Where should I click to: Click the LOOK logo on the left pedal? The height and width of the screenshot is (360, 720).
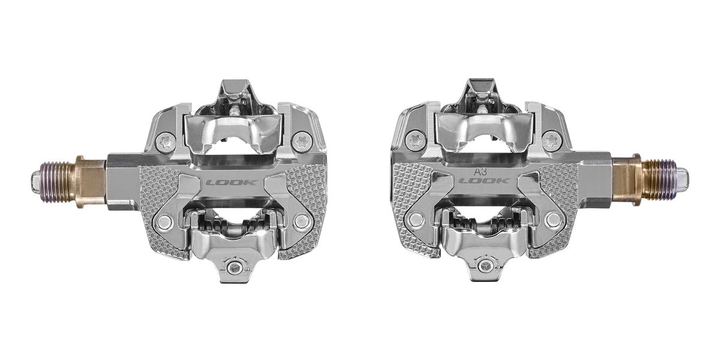click(x=232, y=183)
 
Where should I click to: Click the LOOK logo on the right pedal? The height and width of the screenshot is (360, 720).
click(x=484, y=181)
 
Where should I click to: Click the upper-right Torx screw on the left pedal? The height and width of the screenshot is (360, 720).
click(x=302, y=141)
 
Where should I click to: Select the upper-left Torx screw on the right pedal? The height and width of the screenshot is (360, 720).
click(x=416, y=140)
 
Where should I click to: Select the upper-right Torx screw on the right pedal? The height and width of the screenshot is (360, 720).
click(x=552, y=140)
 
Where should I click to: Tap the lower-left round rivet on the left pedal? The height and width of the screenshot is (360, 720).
click(x=164, y=221)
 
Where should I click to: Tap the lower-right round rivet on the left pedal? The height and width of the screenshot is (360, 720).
click(x=301, y=221)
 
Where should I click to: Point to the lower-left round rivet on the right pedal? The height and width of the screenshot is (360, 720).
click(x=416, y=220)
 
